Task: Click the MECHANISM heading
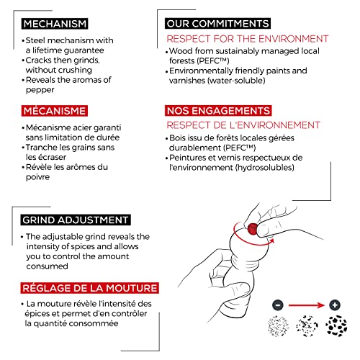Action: pos(55,24)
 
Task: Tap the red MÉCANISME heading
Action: pos(55,111)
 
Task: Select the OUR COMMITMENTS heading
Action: pos(217,24)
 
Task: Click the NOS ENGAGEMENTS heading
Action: pos(218,111)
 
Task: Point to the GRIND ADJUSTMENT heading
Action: pos(76,220)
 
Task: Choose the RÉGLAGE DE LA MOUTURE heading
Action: pos(90,288)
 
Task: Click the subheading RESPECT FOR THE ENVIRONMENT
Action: pos(248,39)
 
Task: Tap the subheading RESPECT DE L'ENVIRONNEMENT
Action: pos(243,125)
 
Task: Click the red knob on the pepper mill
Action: pos(252,228)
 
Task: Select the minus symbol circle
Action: pos(278,305)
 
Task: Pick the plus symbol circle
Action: pos(335,305)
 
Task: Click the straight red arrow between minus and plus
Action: pos(307,305)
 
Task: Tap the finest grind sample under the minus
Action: pos(278,326)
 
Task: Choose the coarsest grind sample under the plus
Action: pos(336,326)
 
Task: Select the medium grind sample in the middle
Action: pos(307,326)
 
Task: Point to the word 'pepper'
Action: pos(40,91)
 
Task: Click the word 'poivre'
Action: pos(38,177)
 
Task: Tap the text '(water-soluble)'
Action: pos(237,81)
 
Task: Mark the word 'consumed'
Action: pos(48,266)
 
